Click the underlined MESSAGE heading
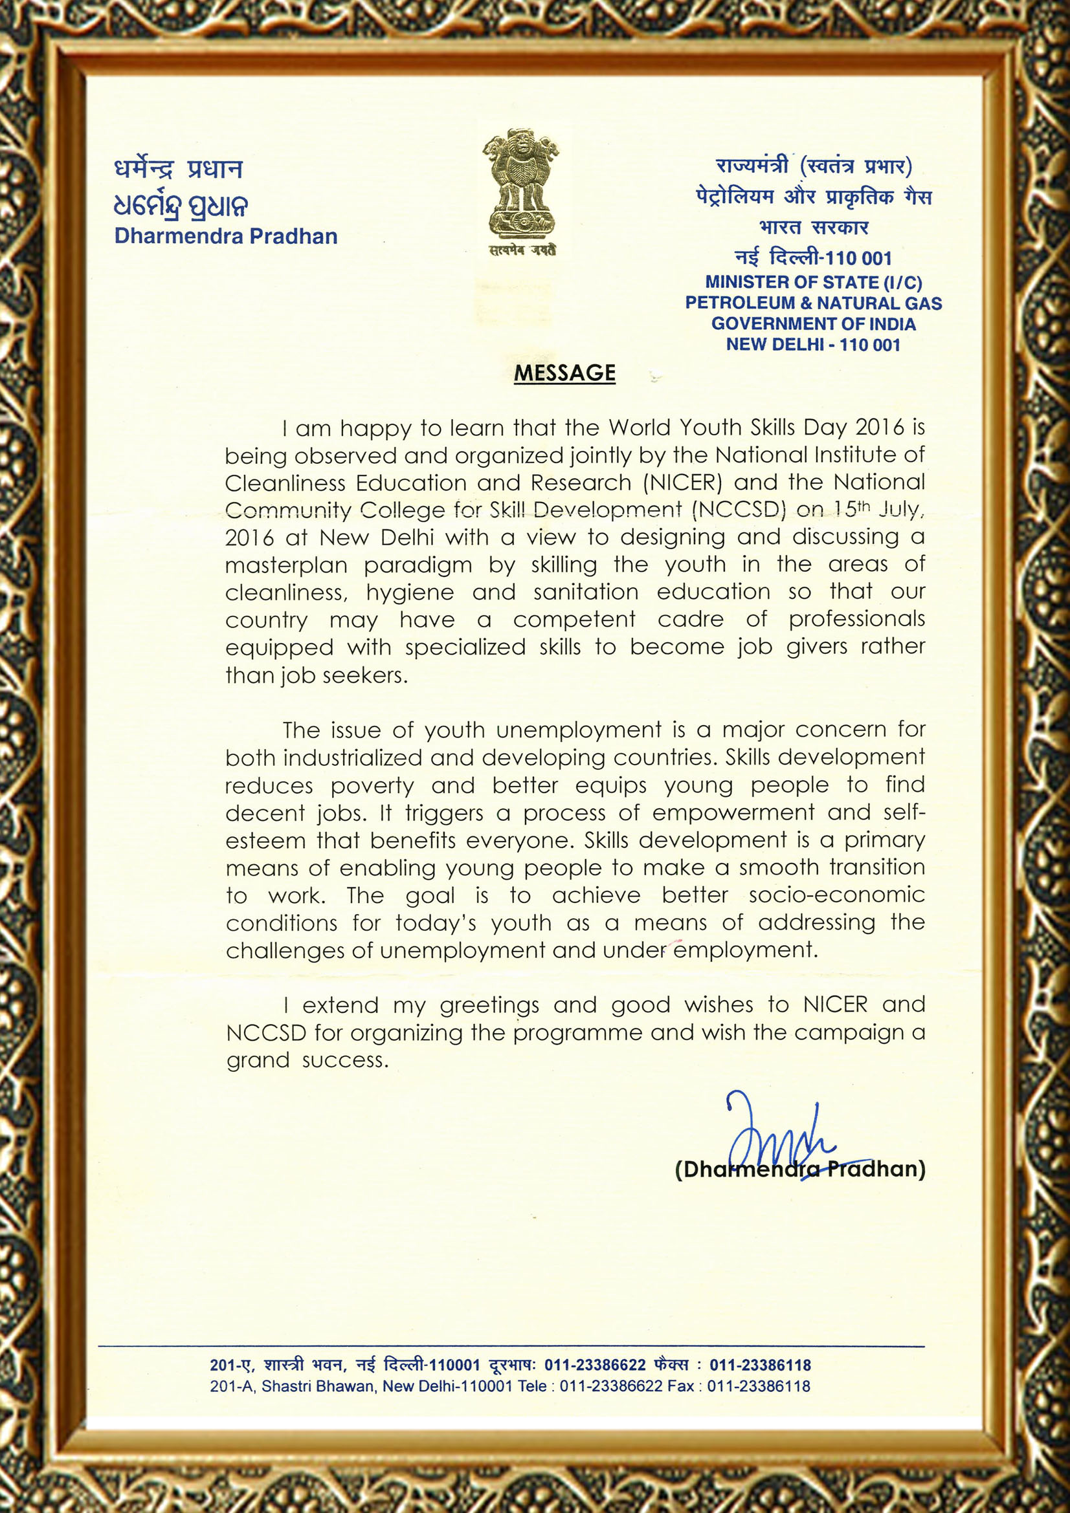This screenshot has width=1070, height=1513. [564, 373]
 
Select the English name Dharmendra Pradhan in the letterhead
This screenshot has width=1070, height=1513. [225, 236]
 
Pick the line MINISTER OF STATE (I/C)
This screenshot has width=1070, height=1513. [814, 282]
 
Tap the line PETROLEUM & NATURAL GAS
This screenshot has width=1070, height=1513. [814, 303]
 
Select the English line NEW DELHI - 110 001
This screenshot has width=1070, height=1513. [814, 345]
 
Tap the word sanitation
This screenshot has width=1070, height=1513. [586, 593]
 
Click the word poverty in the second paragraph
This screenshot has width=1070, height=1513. [372, 786]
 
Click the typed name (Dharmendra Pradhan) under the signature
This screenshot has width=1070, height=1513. [800, 1169]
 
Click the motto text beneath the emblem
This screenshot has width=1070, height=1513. [523, 250]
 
